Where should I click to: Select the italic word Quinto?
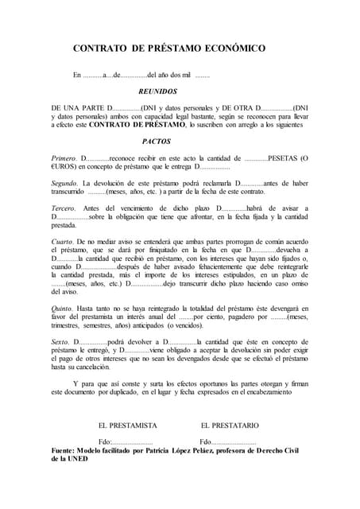(63, 307)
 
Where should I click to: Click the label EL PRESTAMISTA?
(127, 425)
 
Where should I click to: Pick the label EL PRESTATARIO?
(230, 425)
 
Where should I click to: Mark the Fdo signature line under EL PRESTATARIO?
(228, 442)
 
